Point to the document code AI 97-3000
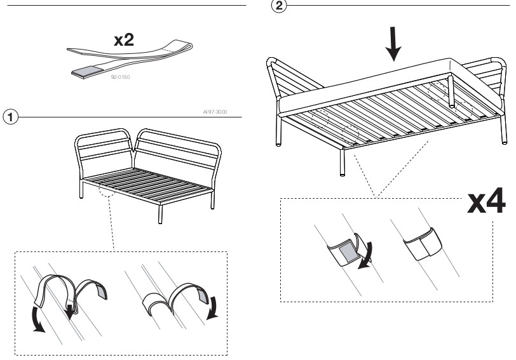point(217,112)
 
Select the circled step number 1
point(9,117)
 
